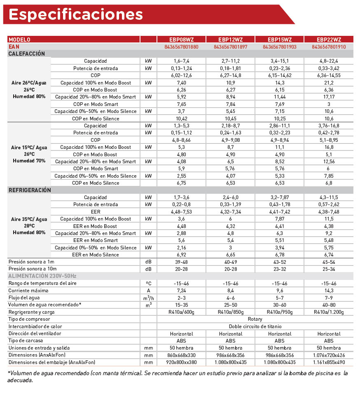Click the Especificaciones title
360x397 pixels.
tap(76, 14)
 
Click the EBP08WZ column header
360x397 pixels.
tap(181, 40)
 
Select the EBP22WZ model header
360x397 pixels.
tap(329, 40)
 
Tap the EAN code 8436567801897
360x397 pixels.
tap(231, 47)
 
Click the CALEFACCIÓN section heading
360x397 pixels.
tap(27, 54)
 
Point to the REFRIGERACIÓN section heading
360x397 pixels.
tap(30, 190)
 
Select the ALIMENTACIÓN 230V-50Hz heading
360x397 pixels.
tap(42, 276)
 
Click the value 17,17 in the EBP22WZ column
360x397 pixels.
tap(329, 97)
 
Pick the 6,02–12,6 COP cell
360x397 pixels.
tap(181, 75)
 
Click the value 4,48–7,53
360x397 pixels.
tap(181, 211)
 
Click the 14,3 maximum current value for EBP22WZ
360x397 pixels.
tap(329, 290)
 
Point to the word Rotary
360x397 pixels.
tap(255, 319)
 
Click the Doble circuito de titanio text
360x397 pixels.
tap(255, 327)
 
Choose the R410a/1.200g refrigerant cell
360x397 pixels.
tap(329, 312)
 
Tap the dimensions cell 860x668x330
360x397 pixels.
tap(181, 355)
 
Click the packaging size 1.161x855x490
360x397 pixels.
tap(329, 362)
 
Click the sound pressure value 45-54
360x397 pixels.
tap(329, 262)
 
